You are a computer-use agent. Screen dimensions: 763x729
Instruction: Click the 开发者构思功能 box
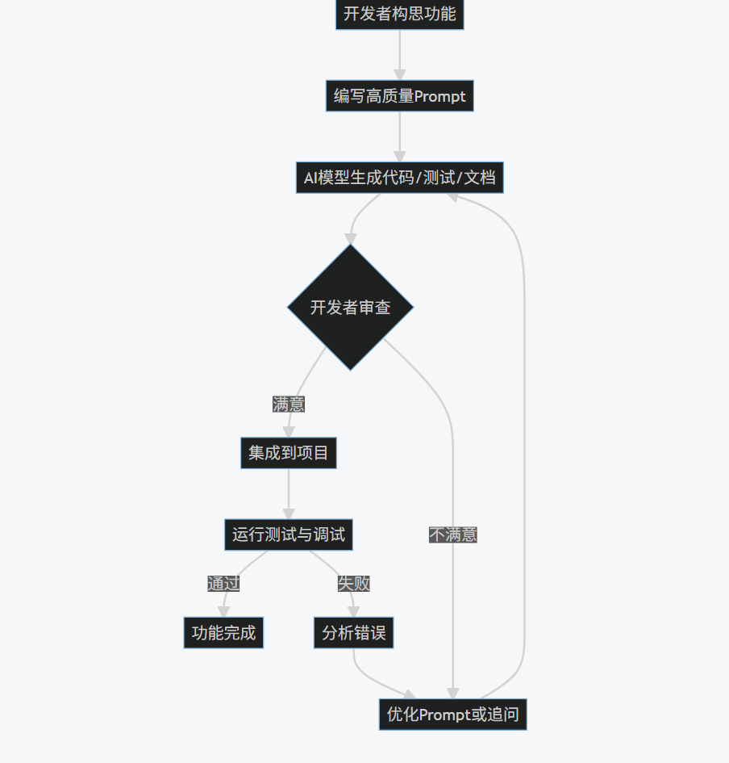[399, 14]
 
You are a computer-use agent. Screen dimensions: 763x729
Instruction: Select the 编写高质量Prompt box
[399, 96]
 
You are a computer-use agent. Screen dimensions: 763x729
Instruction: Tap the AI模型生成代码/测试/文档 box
[399, 178]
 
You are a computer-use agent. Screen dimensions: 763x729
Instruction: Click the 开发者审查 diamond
[350, 307]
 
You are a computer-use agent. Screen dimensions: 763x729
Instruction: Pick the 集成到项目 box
[288, 453]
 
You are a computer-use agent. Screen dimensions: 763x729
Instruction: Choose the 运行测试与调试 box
[288, 535]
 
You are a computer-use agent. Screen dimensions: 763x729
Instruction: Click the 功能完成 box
[223, 633]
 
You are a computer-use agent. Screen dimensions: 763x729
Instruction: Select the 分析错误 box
[353, 633]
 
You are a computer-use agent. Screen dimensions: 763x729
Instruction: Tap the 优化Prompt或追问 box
[452, 715]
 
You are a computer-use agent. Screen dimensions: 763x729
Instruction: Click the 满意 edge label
[288, 404]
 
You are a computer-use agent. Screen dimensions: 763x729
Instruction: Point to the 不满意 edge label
[452, 535]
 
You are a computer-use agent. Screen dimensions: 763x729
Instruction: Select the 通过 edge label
[223, 583]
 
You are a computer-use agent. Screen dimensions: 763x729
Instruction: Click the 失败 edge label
[353, 583]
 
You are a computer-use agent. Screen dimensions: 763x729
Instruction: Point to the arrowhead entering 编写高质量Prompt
[399, 75]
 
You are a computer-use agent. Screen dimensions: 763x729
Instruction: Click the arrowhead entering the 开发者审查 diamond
[350, 238]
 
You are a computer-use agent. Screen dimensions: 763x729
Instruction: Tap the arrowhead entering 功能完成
[223, 611]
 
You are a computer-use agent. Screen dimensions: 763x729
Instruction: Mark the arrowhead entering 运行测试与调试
[288, 514]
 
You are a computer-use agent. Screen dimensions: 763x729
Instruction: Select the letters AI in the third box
[310, 178]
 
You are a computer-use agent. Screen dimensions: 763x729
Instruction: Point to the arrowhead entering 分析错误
[353, 611]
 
